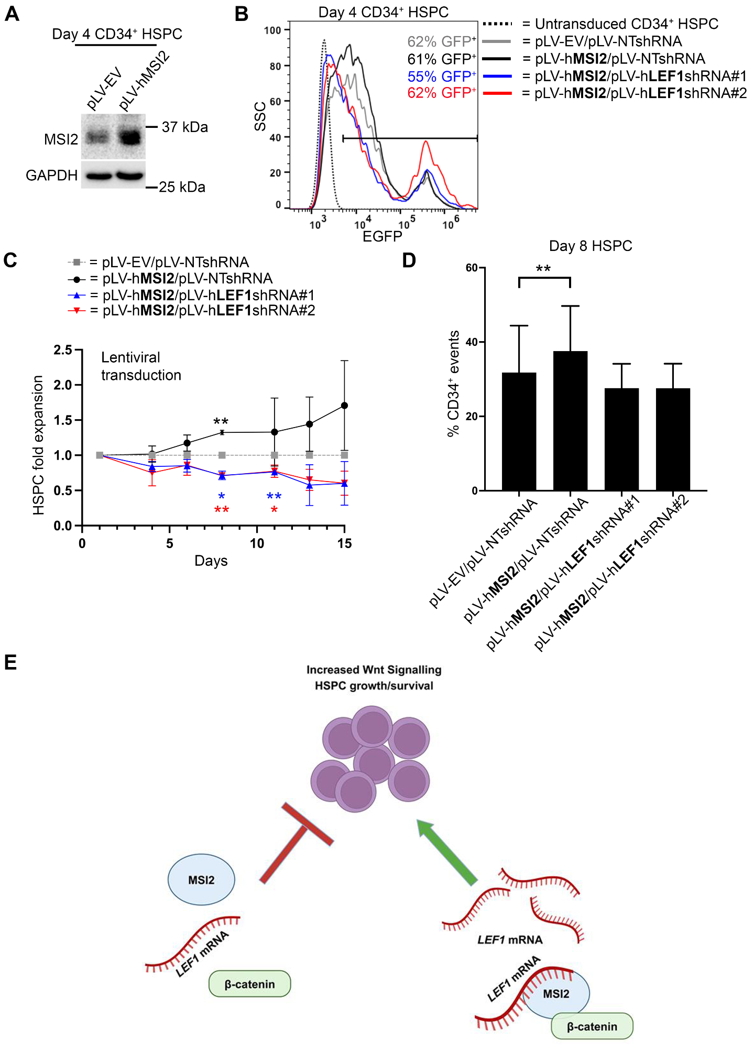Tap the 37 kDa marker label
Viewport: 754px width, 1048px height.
coord(184,127)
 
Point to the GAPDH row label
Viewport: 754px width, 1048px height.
coord(51,176)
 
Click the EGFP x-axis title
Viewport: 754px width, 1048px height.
coord(382,237)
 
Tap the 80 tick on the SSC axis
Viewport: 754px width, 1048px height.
coord(275,66)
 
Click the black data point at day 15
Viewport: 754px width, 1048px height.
coord(344,406)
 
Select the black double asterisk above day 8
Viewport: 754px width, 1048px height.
coord(221,421)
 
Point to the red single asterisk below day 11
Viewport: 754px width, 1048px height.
coord(274,510)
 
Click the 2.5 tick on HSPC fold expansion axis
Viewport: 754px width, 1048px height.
coord(63,350)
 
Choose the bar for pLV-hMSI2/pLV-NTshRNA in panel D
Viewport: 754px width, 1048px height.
coord(570,421)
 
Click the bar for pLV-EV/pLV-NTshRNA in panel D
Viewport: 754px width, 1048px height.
coord(519,431)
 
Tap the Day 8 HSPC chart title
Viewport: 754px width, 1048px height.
coord(591,246)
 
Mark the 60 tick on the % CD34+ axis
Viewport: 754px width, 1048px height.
coord(471,268)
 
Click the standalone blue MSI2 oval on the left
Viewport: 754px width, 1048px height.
coord(201,880)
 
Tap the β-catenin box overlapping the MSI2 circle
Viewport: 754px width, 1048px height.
coord(592,1027)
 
